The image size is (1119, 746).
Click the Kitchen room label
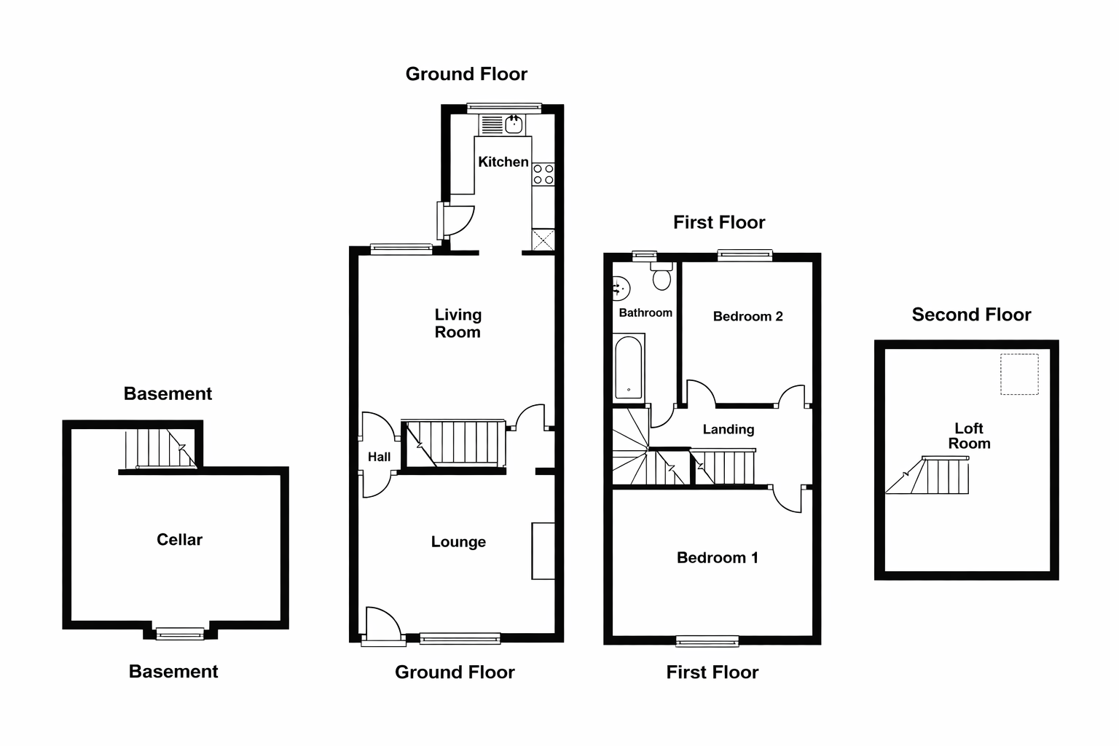tap(503, 162)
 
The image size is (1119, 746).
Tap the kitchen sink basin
tap(514, 125)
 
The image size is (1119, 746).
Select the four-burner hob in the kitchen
tap(543, 174)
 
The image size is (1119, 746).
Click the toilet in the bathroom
tap(662, 276)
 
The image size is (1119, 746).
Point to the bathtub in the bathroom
tap(629, 367)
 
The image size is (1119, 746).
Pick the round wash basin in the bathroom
tap(621, 288)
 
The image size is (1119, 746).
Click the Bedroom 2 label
tap(748, 316)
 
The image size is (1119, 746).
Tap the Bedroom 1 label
tap(718, 557)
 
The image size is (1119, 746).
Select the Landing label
tap(729, 429)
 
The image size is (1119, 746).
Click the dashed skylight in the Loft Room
tap(1019, 374)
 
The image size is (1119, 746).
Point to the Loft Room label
tap(969, 436)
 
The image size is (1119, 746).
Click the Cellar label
tap(179, 540)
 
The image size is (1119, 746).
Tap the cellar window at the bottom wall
tap(180, 634)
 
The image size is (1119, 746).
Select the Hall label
tap(379, 457)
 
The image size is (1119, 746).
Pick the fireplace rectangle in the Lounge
tap(543, 551)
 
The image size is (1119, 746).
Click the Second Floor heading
tap(971, 314)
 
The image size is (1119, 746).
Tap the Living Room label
tap(458, 323)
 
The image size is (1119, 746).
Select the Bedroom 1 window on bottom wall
tap(707, 641)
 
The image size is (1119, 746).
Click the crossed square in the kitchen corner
tap(543, 240)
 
